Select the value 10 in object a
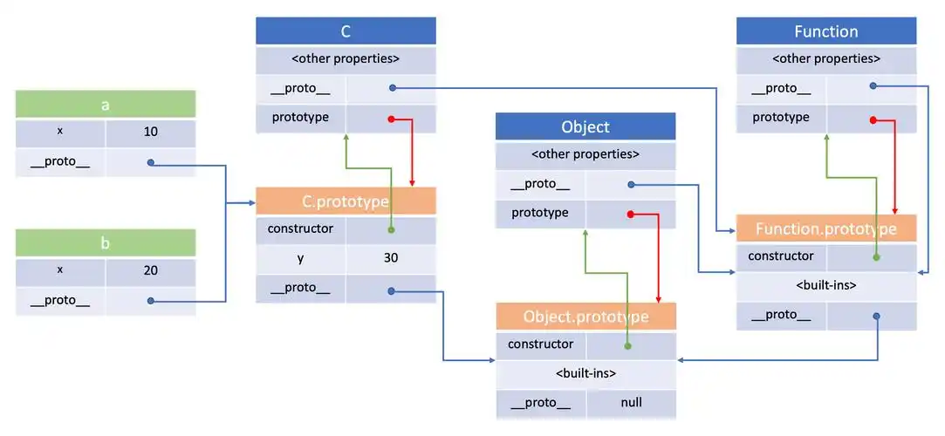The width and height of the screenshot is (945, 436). [x=150, y=132]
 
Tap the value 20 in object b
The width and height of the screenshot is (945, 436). [x=150, y=271]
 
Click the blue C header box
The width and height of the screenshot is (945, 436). [x=346, y=31]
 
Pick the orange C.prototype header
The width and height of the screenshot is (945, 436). [x=346, y=201]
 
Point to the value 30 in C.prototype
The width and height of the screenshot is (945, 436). [x=390, y=258]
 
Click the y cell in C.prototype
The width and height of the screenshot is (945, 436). [x=300, y=258]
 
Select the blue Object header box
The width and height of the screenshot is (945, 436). [x=585, y=126]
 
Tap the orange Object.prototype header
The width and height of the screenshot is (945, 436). [x=585, y=317]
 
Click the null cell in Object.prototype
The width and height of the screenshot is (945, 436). [x=631, y=402]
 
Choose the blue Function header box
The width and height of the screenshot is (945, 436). [x=826, y=31]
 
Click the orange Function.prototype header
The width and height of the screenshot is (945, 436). [x=826, y=229]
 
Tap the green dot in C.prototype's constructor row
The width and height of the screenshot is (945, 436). [x=392, y=229]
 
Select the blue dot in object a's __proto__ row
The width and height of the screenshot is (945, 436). [x=152, y=162]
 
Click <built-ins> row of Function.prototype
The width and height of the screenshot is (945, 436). [x=826, y=285]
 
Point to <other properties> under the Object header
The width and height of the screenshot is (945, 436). [x=585, y=155]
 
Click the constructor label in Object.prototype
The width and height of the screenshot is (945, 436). [x=540, y=344]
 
